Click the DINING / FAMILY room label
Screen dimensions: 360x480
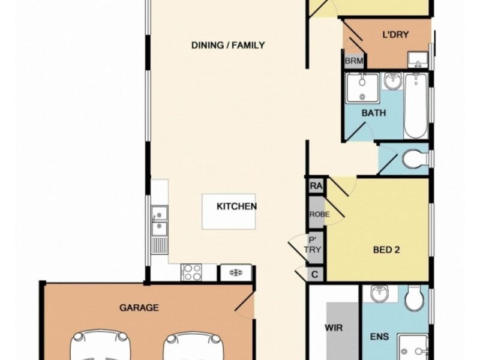227,45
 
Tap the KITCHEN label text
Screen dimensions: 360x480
236,206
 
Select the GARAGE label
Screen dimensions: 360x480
139,308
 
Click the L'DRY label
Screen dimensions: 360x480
395,35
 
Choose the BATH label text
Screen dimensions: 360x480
373,113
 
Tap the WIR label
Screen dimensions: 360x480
333,329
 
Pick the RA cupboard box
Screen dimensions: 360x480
316,187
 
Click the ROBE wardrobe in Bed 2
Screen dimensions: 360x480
316,214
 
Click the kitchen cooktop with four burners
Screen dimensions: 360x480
192,272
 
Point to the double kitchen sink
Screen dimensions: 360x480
160,220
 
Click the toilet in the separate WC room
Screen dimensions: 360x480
414,160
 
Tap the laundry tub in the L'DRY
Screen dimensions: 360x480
418,59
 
